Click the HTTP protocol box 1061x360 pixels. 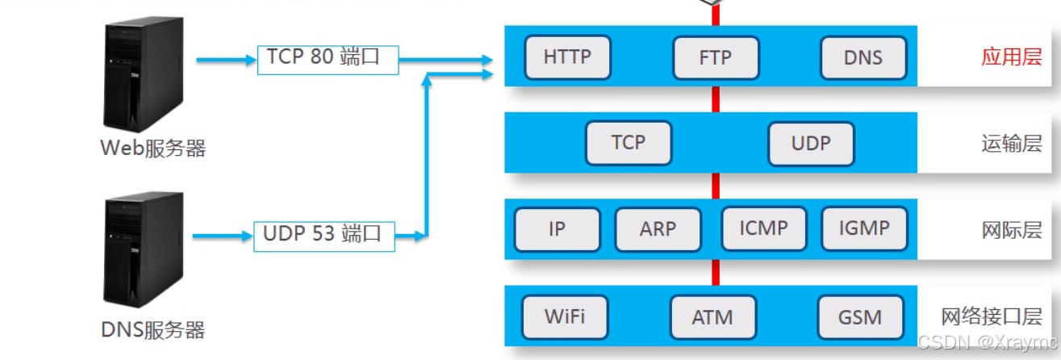click(x=567, y=57)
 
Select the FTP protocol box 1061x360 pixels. click(x=715, y=58)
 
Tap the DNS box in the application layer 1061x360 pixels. click(x=863, y=58)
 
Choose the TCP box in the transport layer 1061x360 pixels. click(x=628, y=143)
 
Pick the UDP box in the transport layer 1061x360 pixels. click(x=811, y=144)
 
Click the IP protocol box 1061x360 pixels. click(x=557, y=229)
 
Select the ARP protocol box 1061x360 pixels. click(x=658, y=229)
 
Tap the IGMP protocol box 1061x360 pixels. click(x=863, y=228)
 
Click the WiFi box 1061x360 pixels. click(x=564, y=316)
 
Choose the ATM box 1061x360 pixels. click(x=712, y=317)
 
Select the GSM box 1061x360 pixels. click(x=860, y=317)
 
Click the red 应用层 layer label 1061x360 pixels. click(x=1011, y=57)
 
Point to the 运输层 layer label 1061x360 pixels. click(x=1011, y=144)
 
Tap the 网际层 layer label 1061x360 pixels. click(x=1011, y=230)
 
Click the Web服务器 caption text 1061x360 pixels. click(x=152, y=149)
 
